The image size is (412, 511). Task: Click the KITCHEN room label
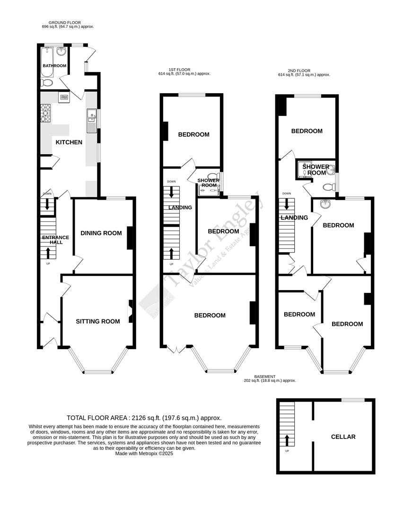69,142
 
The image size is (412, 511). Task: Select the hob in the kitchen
46,113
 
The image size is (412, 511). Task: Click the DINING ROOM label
101,233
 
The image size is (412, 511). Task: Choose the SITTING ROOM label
98,321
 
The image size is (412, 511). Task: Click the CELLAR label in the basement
343,437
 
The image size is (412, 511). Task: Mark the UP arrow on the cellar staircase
287,440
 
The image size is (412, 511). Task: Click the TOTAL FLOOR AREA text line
144,418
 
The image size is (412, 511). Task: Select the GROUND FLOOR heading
65,22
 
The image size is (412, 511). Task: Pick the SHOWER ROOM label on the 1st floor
208,183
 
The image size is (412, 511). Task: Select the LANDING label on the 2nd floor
294,218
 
